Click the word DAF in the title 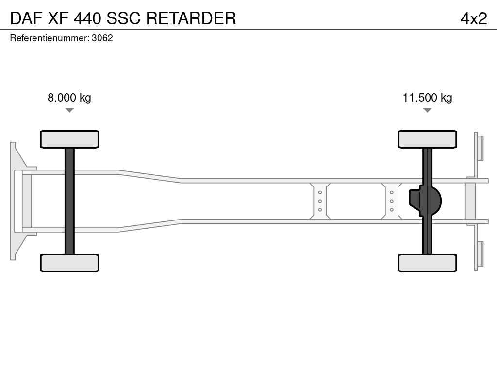click(x=26, y=18)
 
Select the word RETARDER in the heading click(x=191, y=18)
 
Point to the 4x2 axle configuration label click(x=474, y=18)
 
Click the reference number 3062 click(x=102, y=38)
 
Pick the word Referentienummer click(x=50, y=38)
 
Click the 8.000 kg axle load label click(x=69, y=97)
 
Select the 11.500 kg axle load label click(x=427, y=97)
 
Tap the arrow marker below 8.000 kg click(x=69, y=110)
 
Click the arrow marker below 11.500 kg click(x=427, y=110)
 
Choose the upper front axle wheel click(x=69, y=139)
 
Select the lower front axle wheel click(x=69, y=263)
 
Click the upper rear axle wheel click(x=427, y=139)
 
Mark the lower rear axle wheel click(x=427, y=263)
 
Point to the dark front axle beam click(x=69, y=201)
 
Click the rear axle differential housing click(x=425, y=201)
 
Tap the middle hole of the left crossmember click(x=320, y=201)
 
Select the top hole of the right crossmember click(x=392, y=192)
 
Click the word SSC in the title click(x=123, y=18)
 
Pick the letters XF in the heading click(x=58, y=18)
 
